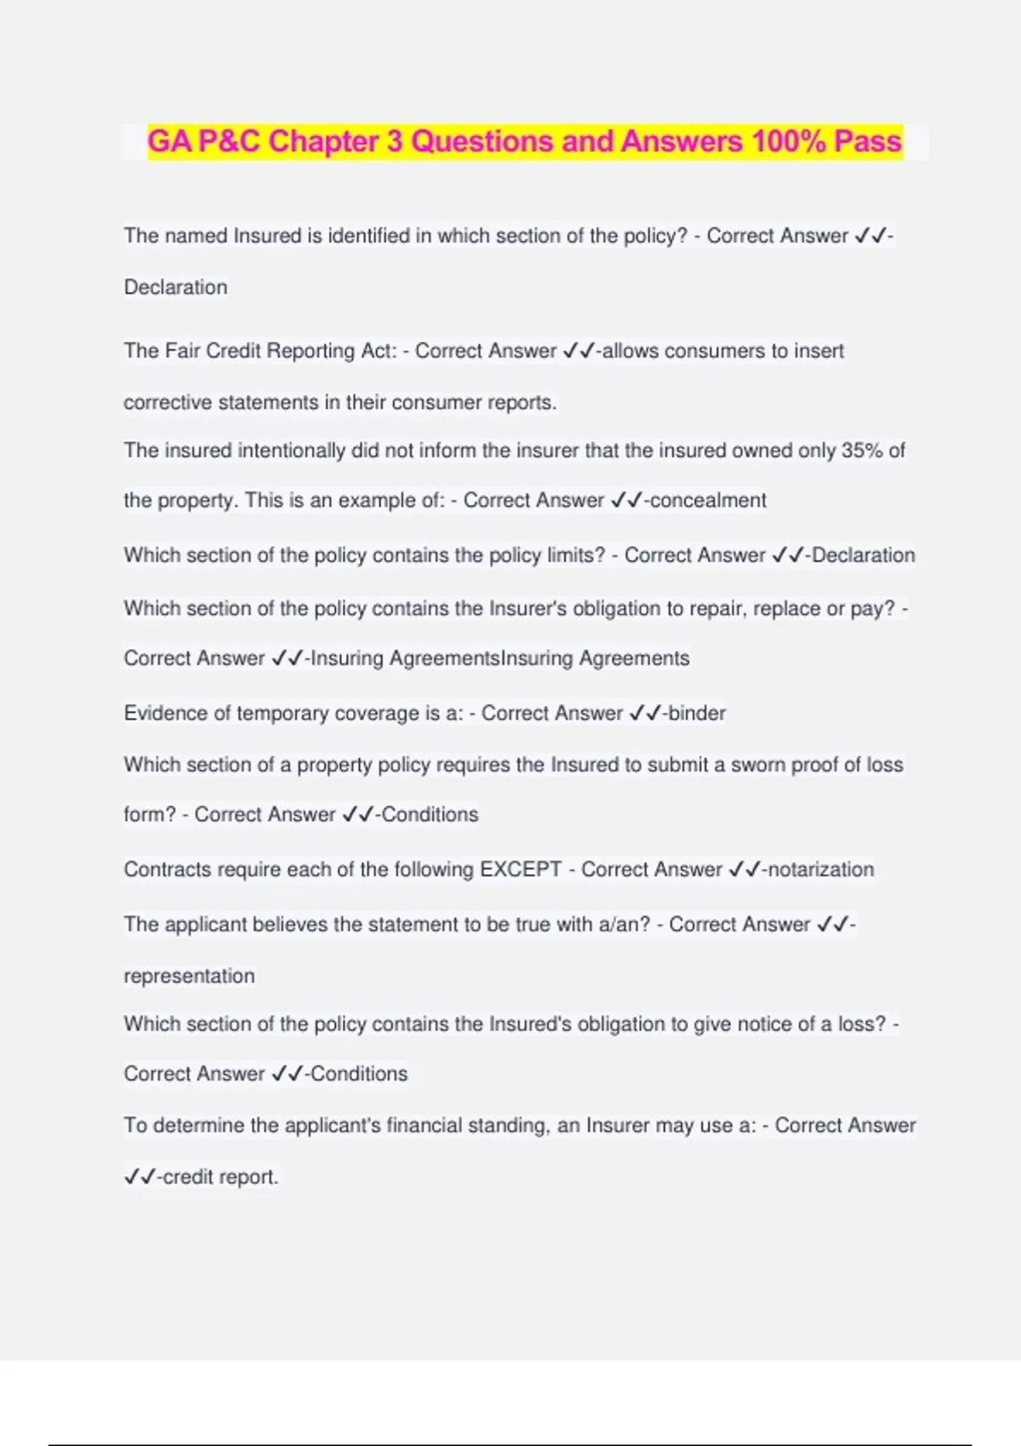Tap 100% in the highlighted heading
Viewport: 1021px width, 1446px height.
coord(789,141)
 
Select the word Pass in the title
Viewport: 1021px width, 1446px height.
coord(867,141)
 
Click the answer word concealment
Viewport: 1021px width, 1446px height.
coord(708,500)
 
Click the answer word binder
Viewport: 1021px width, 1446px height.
coord(697,713)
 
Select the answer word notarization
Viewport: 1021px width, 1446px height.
coord(821,869)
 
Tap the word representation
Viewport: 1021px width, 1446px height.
coord(189,976)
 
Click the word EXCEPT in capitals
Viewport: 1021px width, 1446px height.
coord(521,869)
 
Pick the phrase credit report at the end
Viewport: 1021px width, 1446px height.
coord(220,1177)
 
